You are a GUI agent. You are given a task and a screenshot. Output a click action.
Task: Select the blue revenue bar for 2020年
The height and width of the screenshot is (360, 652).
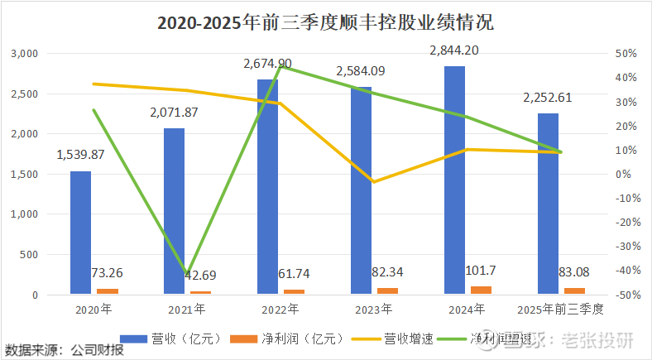coord(80,232)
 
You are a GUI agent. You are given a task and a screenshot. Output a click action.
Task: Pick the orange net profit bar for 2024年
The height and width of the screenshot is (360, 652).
coord(481,290)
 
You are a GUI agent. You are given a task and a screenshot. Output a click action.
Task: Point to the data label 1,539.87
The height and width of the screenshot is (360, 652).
coord(80,155)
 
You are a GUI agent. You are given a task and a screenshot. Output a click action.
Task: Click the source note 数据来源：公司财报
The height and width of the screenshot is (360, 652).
coord(65,350)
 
